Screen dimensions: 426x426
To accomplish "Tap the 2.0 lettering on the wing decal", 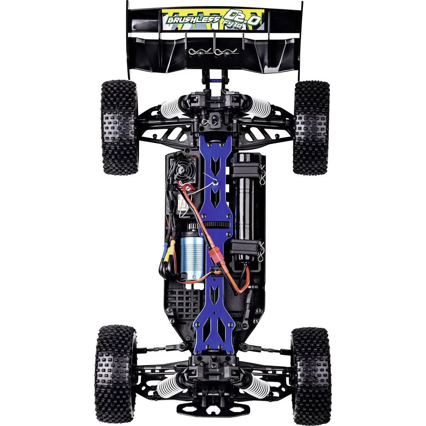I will pyautogui.click(x=241, y=16).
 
